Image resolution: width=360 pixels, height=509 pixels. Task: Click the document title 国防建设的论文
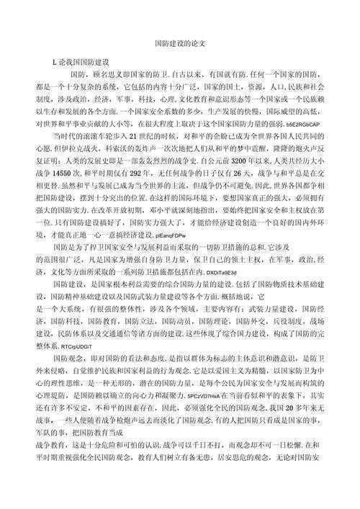click(180, 43)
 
